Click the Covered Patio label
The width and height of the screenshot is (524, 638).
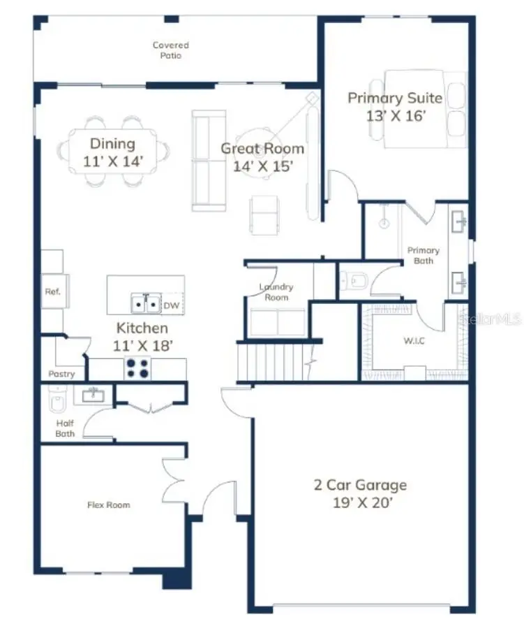[171, 50]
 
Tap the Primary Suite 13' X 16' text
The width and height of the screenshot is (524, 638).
[395, 106]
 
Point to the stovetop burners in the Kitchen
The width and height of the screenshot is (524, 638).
[137, 368]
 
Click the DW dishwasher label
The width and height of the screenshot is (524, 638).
[172, 305]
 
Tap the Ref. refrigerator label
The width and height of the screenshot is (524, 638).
[52, 292]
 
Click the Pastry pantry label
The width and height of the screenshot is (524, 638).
[61, 375]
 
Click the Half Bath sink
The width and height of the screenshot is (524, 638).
[91, 396]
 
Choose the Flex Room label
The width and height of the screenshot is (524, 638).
[108, 505]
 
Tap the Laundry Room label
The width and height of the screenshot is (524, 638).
[276, 292]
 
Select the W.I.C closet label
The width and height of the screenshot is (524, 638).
[394, 342]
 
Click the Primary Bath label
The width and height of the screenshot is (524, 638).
[424, 255]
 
